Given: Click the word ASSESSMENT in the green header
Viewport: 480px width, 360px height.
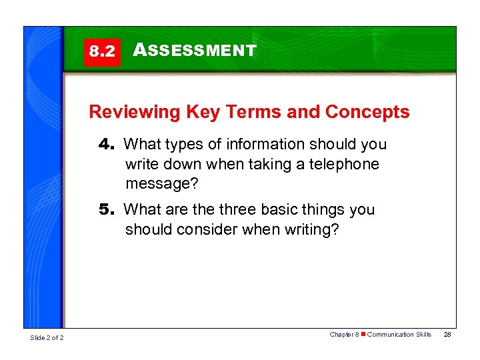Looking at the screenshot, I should (x=195, y=50).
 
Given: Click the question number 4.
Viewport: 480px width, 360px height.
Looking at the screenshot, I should (x=107, y=144).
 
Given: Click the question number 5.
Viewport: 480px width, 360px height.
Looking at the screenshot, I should (x=107, y=209).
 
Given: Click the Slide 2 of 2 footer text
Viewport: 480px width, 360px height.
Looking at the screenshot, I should (x=47, y=338).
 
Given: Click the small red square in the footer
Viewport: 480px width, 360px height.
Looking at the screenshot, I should (x=363, y=335).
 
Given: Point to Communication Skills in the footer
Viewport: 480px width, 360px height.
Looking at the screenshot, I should (x=399, y=335).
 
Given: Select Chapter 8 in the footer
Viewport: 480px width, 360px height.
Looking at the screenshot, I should (x=345, y=335).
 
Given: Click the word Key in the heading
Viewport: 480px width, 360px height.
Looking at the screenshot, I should (x=200, y=112).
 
